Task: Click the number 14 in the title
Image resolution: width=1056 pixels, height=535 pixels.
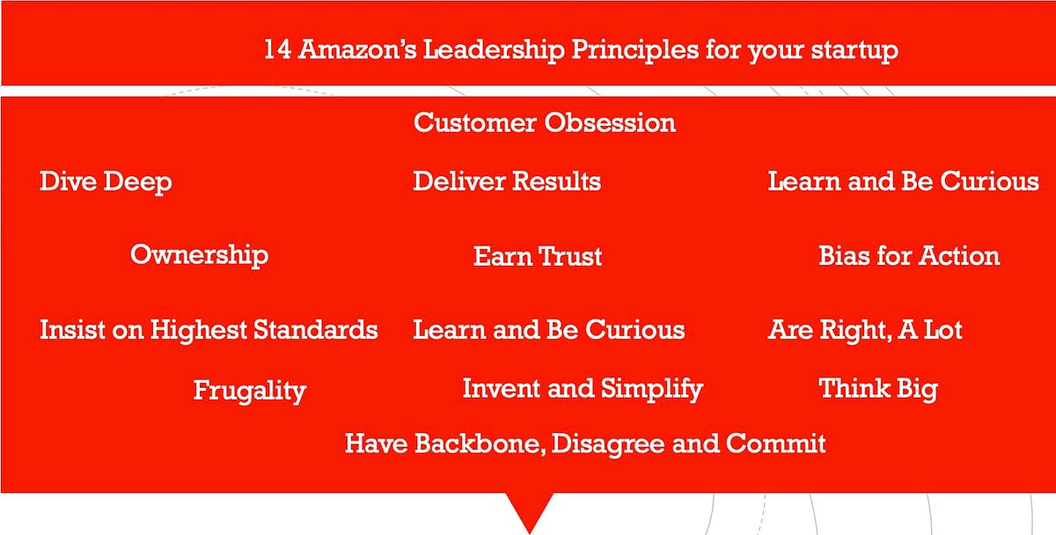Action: coord(277,49)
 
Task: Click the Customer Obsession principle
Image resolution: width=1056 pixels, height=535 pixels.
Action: coord(545,122)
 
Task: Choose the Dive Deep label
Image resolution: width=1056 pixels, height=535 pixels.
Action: coord(106,182)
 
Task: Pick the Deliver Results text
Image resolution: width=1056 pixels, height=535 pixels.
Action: coord(507,182)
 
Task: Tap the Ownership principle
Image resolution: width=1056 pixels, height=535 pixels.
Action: coord(199,255)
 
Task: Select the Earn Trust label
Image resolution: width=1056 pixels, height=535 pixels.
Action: coord(538,257)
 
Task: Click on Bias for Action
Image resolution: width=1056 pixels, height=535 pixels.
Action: coord(909,256)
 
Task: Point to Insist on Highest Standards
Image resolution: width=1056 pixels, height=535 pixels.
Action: coord(209,331)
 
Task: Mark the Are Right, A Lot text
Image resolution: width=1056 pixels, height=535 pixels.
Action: coord(865,331)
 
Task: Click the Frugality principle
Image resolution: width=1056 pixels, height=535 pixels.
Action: coord(249,391)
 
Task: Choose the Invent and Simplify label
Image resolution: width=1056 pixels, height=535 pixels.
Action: coord(583,388)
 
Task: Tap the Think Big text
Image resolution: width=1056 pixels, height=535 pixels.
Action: coord(878,388)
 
